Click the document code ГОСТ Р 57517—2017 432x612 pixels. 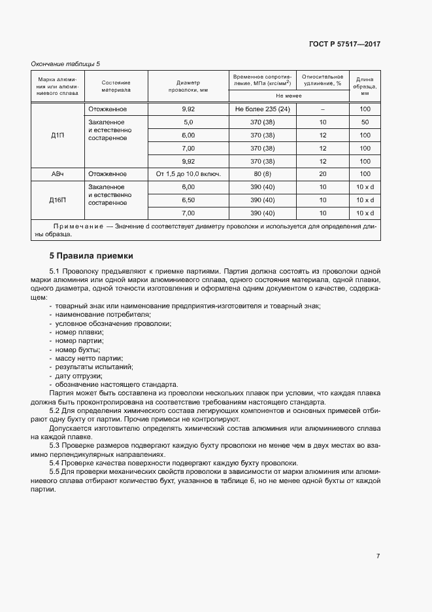point(344,44)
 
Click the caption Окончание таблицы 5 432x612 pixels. point(65,63)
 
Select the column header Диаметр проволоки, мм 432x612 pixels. point(188,86)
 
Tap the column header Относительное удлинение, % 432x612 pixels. point(322,80)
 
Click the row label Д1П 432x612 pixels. point(58,135)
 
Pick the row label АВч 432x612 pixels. point(58,174)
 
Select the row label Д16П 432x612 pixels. point(58,200)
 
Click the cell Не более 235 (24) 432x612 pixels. point(263,109)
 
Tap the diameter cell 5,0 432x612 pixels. point(188,122)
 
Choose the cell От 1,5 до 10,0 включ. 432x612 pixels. point(188,174)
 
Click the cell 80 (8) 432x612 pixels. point(263,174)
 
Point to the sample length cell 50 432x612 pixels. point(365,122)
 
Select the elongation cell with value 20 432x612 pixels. point(322,174)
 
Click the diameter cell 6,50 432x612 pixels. point(188,200)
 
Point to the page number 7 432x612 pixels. point(378,556)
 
